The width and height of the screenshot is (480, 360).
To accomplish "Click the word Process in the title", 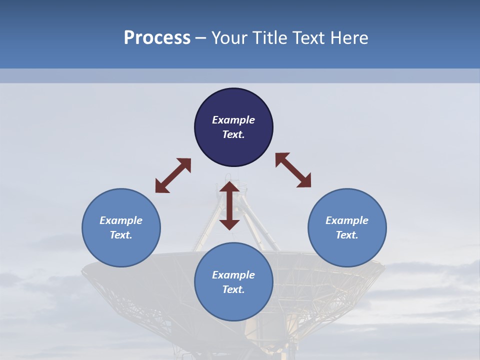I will (x=157, y=38).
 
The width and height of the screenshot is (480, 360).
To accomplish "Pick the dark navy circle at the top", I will (x=233, y=100).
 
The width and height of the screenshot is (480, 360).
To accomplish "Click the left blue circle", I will (x=121, y=250).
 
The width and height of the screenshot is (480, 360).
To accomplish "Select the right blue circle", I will (x=347, y=250).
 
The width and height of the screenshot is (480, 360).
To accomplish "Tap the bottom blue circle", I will (x=233, y=305).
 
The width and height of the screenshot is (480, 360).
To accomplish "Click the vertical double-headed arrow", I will (x=229, y=205).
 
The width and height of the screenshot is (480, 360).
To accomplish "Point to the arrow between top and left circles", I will (x=173, y=175).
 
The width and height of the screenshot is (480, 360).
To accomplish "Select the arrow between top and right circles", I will (x=293, y=170).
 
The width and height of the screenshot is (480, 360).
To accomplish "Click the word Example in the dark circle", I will (x=233, y=120).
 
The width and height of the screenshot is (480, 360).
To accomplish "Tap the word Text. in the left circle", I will (x=121, y=235).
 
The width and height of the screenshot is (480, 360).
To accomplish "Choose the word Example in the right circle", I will (x=347, y=220).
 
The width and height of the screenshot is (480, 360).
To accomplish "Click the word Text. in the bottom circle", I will (x=233, y=289).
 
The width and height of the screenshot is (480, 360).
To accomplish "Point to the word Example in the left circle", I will (x=121, y=220).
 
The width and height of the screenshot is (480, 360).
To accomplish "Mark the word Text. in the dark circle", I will (x=233, y=134).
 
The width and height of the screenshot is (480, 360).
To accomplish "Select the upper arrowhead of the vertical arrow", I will (x=229, y=188).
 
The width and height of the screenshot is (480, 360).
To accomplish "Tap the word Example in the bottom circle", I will (x=233, y=275).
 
